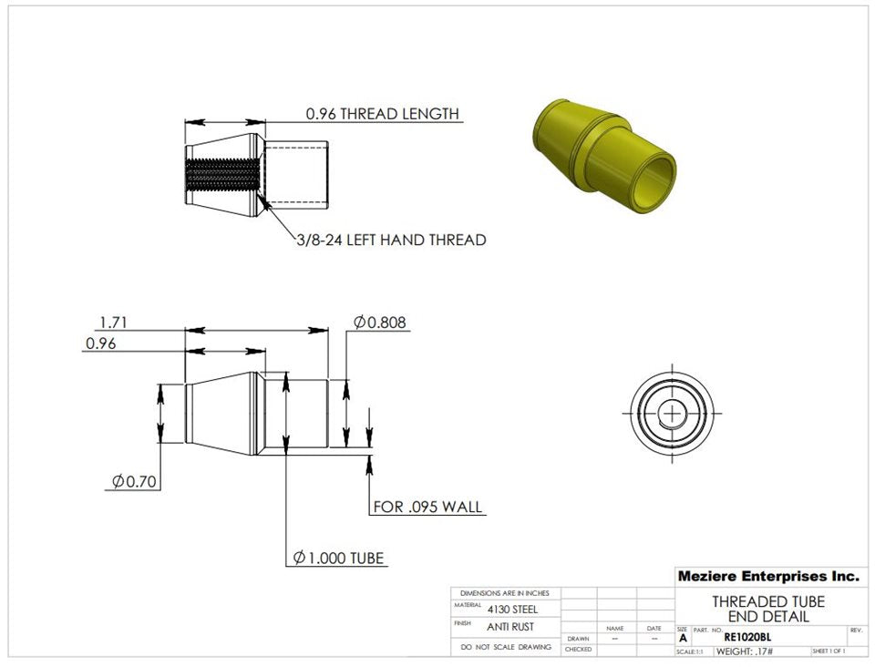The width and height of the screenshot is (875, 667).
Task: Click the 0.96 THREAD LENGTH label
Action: [382, 114]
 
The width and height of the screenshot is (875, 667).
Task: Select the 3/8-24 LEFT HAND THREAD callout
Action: [391, 241]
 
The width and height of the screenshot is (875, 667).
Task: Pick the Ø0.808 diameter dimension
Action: [379, 322]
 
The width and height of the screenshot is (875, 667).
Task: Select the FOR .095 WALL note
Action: [427, 507]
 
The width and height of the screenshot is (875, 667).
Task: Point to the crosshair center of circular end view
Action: [674, 414]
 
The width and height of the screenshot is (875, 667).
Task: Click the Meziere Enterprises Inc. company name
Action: [767, 577]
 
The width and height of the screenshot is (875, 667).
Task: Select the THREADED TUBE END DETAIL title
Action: [767, 609]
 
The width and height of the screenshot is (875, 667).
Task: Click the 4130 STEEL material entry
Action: [512, 609]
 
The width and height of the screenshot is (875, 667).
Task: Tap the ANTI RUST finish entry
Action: [511, 627]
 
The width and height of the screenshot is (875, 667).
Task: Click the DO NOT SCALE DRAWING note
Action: [506, 647]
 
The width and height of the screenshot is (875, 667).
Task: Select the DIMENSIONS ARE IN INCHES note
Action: [505, 593]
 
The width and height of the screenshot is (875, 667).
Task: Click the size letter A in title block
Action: [683, 638]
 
